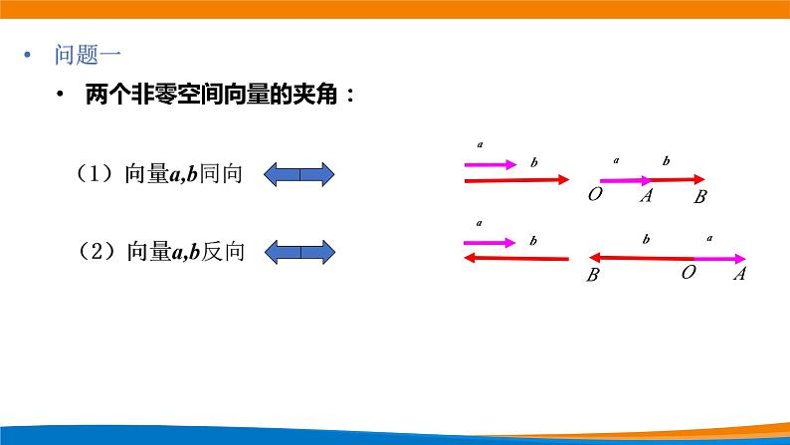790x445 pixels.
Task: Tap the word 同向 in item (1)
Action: pos(221,174)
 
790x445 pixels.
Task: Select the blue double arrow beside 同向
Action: pos(299,175)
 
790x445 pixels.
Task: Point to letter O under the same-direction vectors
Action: pos(594,194)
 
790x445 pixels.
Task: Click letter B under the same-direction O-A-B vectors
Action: pos(700,197)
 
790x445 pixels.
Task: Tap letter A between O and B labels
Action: pos(646,195)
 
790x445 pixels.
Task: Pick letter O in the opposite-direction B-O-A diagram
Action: pos(688,271)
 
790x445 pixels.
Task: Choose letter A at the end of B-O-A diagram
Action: pos(739,274)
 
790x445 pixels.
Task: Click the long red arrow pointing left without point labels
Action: pos(515,258)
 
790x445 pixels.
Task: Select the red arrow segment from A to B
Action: pos(683,180)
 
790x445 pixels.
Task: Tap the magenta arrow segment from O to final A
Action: pos(719,258)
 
